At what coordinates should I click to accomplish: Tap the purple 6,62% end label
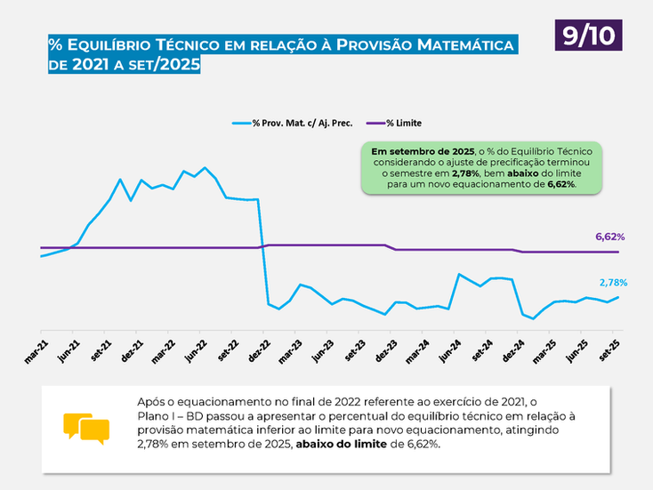coord(609,237)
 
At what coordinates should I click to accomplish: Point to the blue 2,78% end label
coord(612,282)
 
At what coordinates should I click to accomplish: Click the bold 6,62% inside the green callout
coord(562,185)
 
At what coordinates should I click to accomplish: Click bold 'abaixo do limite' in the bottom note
coord(343,445)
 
